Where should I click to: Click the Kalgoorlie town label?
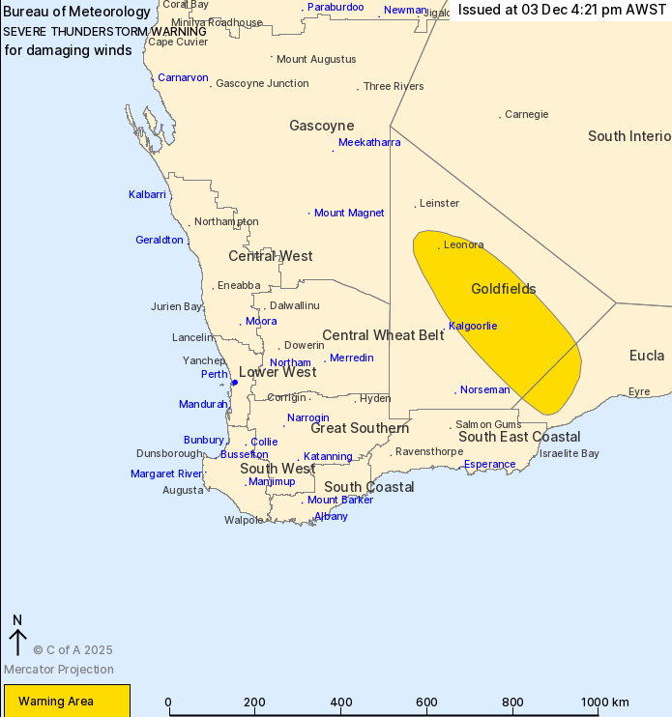coord(473,326)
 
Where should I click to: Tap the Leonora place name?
coord(463,245)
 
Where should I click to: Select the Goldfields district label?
coord(503,289)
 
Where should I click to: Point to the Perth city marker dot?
coord(234,383)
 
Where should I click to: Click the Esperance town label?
coord(490,464)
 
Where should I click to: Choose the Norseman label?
coord(485,390)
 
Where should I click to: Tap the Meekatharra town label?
coord(369,142)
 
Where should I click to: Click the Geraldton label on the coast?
coord(160,240)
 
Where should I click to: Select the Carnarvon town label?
coord(183,77)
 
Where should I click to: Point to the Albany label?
coord(331,516)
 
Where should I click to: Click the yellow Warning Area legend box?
coord(67,701)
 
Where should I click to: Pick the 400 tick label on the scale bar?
coord(340,703)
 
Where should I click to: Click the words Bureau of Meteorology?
coord(77,12)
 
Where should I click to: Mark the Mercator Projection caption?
coord(59,670)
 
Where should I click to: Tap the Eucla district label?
coord(647,356)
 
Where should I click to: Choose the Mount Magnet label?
coord(349,213)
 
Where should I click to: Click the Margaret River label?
coord(166,473)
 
